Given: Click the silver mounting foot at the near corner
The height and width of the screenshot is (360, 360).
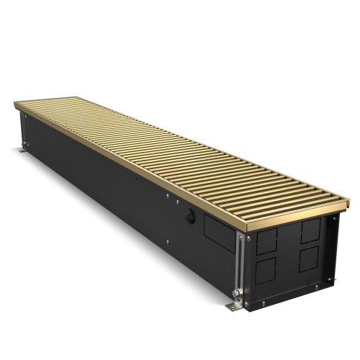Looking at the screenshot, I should click(x=235, y=307).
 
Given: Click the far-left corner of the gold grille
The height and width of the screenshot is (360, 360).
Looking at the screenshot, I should click(x=15, y=105).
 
